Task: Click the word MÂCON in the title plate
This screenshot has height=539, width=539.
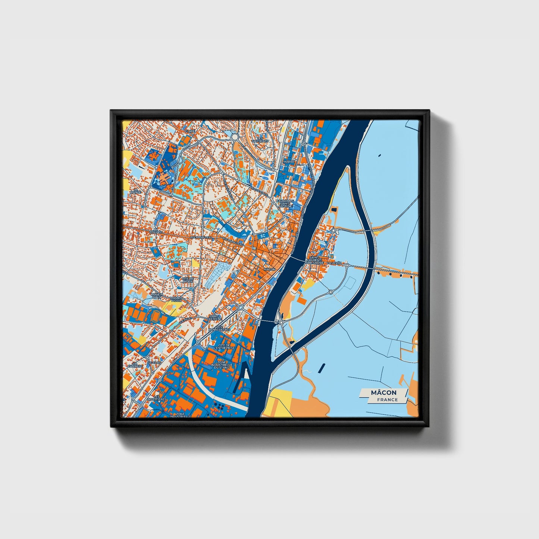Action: [x=384, y=392]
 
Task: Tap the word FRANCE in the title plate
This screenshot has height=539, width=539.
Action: [x=387, y=399]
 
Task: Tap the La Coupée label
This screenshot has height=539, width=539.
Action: [x=156, y=232]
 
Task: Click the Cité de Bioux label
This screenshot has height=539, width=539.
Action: [x=188, y=279]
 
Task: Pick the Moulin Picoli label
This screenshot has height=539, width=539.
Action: [x=176, y=300]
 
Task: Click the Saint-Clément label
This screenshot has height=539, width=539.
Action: [x=215, y=317]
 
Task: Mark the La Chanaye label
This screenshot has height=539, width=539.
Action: [x=133, y=366]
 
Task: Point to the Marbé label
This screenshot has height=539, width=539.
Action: [x=288, y=162]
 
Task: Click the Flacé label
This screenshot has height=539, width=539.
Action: [x=190, y=131]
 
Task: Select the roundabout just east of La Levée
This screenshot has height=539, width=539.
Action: [x=347, y=265]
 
